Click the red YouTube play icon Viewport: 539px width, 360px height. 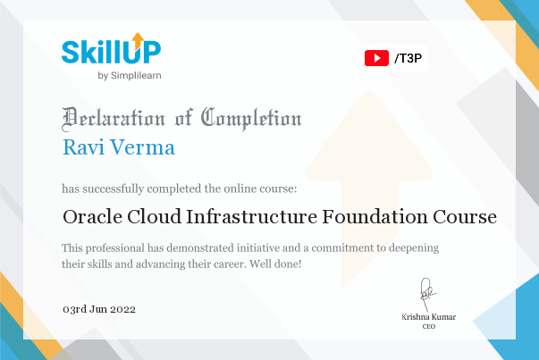click(376, 58)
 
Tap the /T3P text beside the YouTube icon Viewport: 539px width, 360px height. click(408, 58)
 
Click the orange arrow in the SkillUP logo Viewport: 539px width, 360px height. click(138, 41)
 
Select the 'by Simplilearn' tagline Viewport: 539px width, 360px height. click(130, 76)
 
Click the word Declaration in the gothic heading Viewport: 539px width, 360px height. click(114, 119)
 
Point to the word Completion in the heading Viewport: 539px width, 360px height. click(251, 119)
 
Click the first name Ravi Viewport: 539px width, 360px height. click(83, 147)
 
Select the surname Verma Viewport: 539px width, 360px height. click(142, 147)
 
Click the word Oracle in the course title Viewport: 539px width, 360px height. click(92, 217)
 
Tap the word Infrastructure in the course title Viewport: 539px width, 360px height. click(252, 217)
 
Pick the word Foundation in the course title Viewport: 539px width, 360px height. click(375, 217)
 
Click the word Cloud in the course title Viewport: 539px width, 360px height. click(154, 217)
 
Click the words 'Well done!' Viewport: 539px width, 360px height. click(275, 264)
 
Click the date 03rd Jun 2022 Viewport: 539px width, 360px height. click(99, 309)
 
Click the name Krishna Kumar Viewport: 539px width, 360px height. click(429, 317)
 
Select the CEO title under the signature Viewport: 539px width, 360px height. click(429, 326)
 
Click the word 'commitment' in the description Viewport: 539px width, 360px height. click(342, 248)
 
